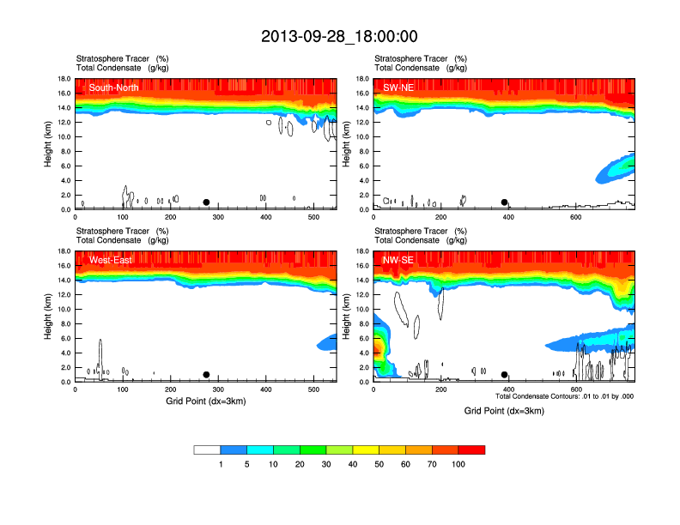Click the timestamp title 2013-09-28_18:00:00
(339, 36)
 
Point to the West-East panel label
(111, 260)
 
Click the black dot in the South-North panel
(206, 202)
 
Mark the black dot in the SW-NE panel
(505, 202)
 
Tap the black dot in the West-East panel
(206, 375)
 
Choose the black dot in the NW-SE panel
(505, 375)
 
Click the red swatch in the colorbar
(471, 450)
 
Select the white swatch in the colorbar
(207, 450)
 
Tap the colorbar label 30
(326, 464)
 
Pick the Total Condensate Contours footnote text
(564, 396)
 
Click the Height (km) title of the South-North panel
(49, 143)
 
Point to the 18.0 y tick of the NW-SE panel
(363, 251)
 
